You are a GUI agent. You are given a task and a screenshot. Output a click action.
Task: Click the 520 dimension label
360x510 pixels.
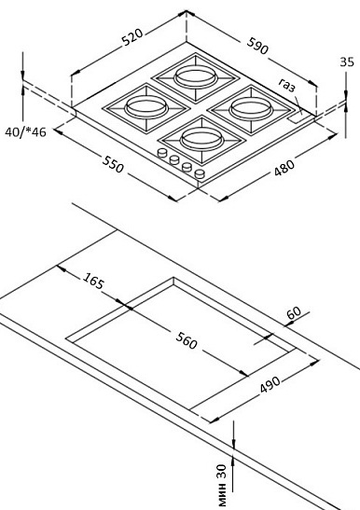click(x=132, y=37)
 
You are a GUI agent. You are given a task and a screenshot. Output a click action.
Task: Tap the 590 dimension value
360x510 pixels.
click(x=257, y=45)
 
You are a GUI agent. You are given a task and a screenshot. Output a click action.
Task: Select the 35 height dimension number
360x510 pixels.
click(x=347, y=62)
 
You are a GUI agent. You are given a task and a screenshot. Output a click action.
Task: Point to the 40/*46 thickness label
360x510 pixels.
click(x=25, y=132)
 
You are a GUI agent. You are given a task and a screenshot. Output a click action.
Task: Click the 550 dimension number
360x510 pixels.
click(x=113, y=164)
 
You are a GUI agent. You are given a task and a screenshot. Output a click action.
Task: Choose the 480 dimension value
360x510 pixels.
click(x=284, y=168)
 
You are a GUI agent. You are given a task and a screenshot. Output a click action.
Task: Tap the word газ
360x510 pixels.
click(x=286, y=85)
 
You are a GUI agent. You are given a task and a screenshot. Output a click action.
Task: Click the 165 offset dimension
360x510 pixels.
click(x=93, y=281)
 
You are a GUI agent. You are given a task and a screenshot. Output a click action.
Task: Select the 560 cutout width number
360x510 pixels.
click(x=187, y=340)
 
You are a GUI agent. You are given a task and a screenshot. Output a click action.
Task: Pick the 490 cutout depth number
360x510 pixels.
click(x=270, y=384)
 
